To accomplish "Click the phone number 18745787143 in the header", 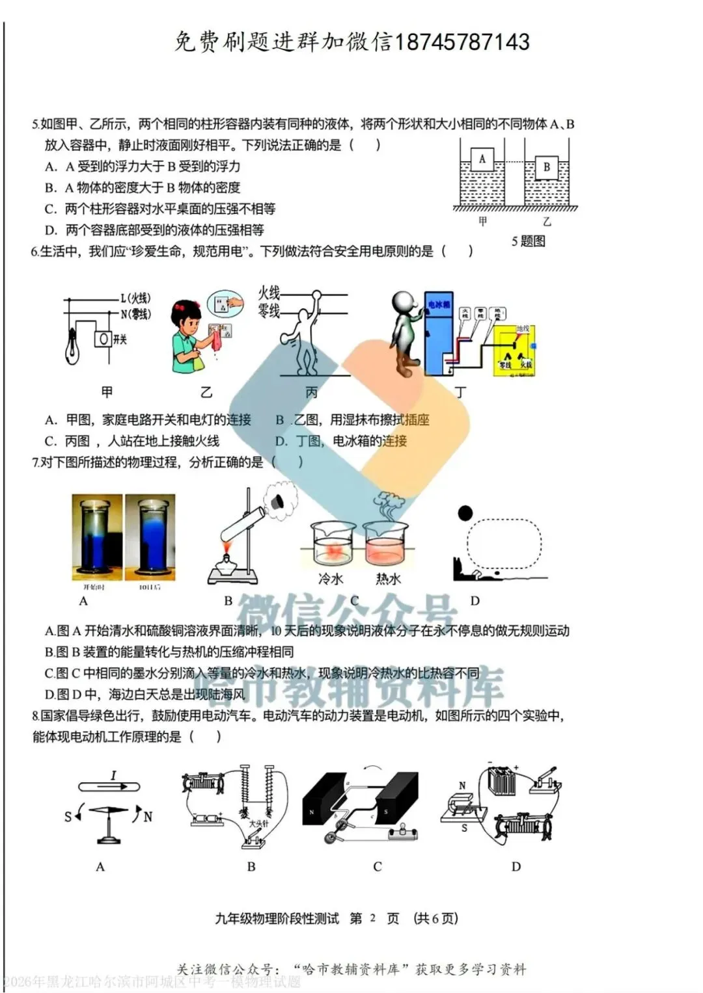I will tap(462, 42).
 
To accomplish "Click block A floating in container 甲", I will tap(482, 159).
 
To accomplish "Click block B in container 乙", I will tap(546, 167).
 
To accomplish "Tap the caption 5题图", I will tap(528, 241).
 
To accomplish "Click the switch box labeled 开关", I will tap(103, 339).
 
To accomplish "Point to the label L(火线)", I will tap(135, 298).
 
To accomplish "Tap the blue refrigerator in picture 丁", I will tap(438, 332).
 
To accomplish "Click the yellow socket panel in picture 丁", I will tap(514, 351).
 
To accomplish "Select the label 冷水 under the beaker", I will tap(331, 578).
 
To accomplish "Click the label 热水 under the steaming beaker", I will tap(388, 578).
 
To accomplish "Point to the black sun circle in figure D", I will tap(465, 513).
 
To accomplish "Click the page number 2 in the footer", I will tap(373, 918).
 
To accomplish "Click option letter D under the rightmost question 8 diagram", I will tap(516, 867).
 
